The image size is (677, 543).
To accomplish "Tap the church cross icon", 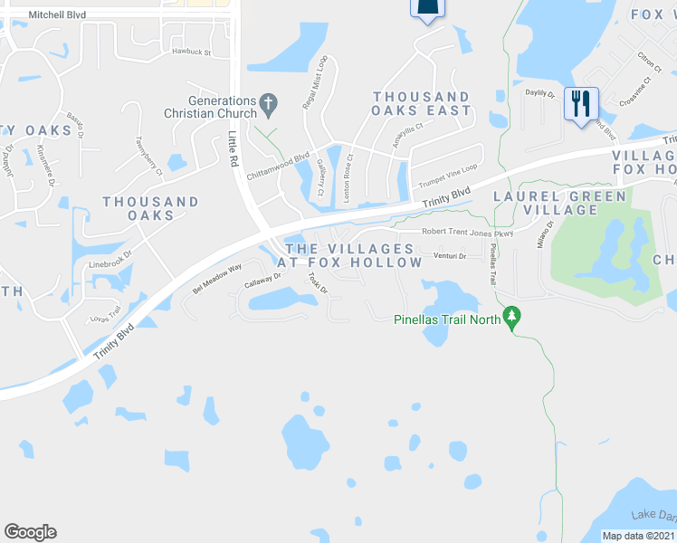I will pyautogui.click(x=268, y=106).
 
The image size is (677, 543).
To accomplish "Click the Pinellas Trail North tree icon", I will pyautogui.click(x=513, y=318).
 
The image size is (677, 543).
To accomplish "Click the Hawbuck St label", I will pyautogui.click(x=191, y=52).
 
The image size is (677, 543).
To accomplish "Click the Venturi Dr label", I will pyautogui.click(x=449, y=256).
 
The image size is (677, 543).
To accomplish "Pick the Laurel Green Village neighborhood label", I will pyautogui.click(x=558, y=203).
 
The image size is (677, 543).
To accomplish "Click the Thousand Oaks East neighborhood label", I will pyautogui.click(x=422, y=103).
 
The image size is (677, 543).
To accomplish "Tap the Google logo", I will pyautogui.click(x=30, y=531).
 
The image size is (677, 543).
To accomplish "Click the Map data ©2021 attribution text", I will pyautogui.click(x=638, y=536).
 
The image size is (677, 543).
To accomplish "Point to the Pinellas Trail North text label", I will pyautogui.click(x=447, y=319).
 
